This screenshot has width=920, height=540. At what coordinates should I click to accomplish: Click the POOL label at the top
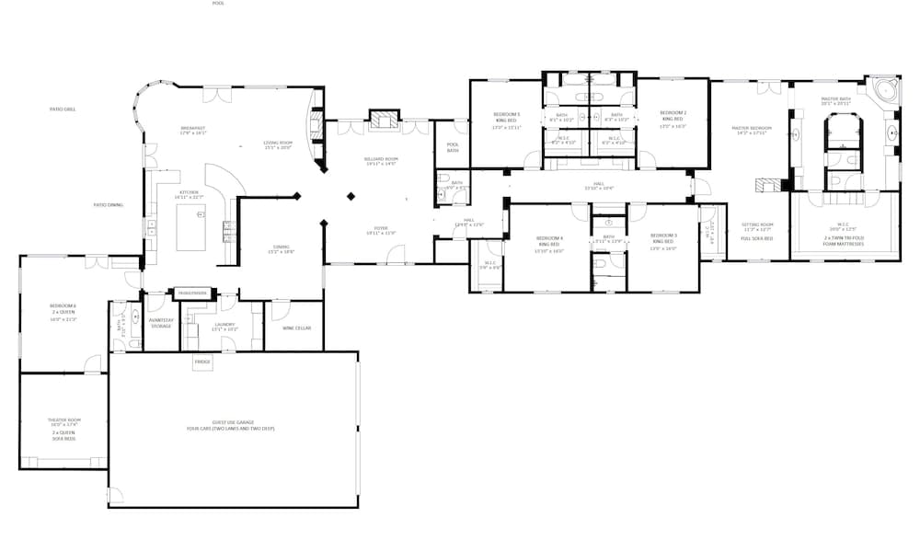[x=218, y=4]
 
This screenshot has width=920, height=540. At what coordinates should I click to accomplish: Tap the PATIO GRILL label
[x=63, y=109]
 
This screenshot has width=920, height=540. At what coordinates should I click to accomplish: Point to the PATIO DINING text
[x=108, y=205]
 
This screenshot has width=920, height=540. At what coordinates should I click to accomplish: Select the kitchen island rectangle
[x=190, y=227]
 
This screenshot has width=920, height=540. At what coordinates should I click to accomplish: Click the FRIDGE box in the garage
[x=202, y=362]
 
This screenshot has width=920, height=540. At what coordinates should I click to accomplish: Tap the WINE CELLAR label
[x=296, y=327]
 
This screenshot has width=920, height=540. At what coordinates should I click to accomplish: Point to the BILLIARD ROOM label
[x=381, y=159]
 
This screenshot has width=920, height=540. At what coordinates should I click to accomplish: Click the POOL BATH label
[x=453, y=147]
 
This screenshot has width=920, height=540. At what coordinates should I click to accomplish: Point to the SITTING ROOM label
[x=758, y=224]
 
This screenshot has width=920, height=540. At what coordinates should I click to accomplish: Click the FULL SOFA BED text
[x=757, y=238]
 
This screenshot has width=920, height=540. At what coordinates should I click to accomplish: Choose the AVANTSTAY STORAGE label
[x=161, y=323]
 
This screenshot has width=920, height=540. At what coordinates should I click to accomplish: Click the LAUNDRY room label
[x=225, y=324]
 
